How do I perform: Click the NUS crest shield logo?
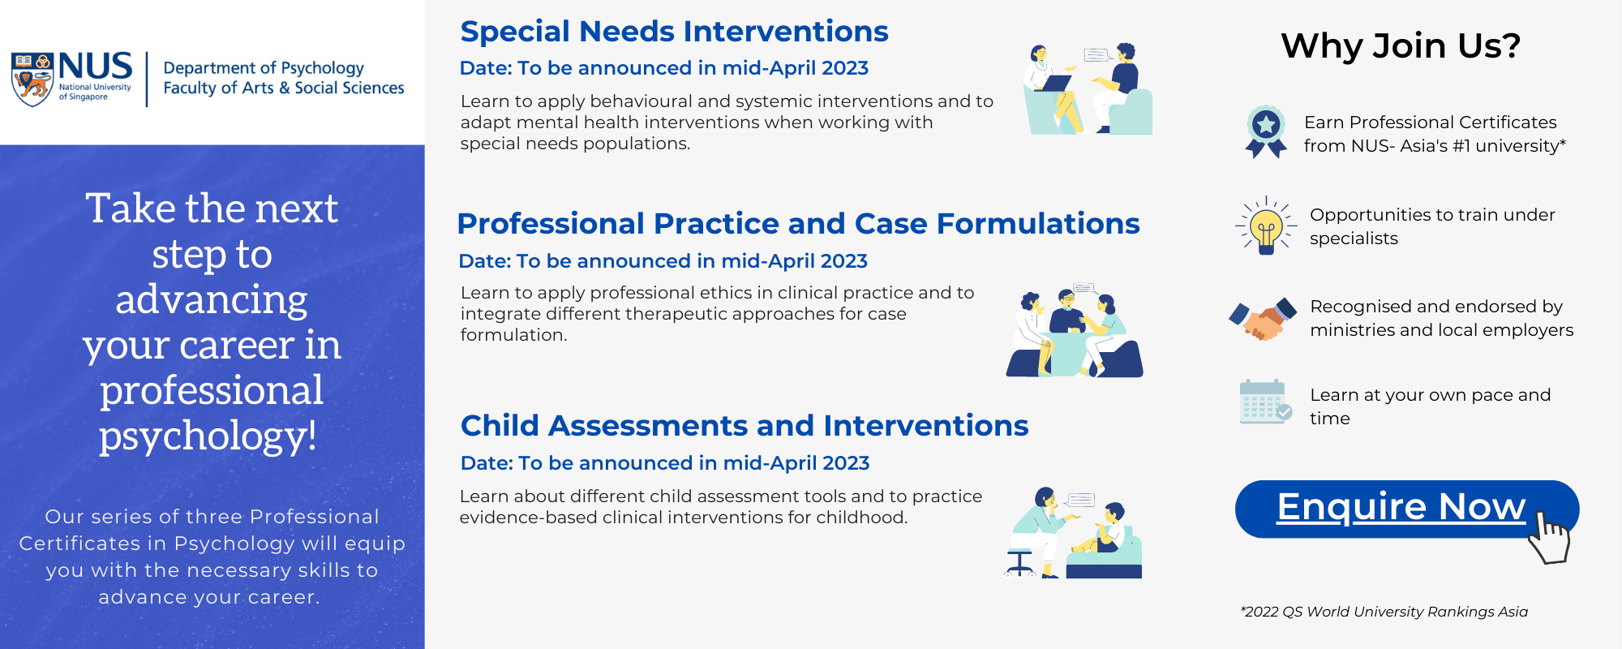tap(32, 80)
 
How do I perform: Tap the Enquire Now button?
tap(1406, 509)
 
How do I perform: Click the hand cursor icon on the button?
tap(1549, 537)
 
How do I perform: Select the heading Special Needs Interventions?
tap(674, 32)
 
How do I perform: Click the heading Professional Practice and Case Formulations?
tap(798, 224)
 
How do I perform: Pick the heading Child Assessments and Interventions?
tap(744, 426)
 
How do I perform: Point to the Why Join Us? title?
tap(1401, 45)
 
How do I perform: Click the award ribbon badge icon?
tap(1266, 131)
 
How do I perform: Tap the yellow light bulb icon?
tap(1266, 226)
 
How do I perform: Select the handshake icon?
tap(1263, 319)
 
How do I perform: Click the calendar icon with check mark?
tap(1265, 402)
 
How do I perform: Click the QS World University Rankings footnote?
tap(1384, 612)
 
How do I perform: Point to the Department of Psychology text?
tap(264, 68)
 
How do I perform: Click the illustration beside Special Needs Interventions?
tap(1088, 88)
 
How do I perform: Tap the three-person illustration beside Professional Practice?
tap(1075, 330)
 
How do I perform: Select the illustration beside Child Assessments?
tap(1073, 532)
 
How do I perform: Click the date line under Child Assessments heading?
tap(665, 463)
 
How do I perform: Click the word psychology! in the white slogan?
tap(208, 436)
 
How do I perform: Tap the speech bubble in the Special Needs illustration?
tap(1097, 55)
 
